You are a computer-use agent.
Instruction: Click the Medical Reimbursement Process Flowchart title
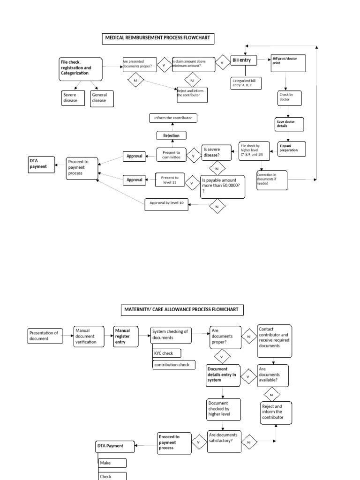[158, 38]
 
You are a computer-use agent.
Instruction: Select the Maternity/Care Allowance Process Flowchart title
[181, 310]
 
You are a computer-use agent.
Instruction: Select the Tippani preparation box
[291, 149]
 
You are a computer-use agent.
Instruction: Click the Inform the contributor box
[173, 118]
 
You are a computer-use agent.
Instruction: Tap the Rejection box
[171, 135]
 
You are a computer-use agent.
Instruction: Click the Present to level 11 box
[169, 180]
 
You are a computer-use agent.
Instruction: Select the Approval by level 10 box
[166, 202]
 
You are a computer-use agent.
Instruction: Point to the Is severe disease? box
[218, 152]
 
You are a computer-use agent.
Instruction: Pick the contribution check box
[173, 364]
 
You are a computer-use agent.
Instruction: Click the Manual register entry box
[126, 337]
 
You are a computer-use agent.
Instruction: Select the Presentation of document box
[45, 336]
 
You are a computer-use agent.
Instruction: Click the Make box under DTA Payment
[112, 463]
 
